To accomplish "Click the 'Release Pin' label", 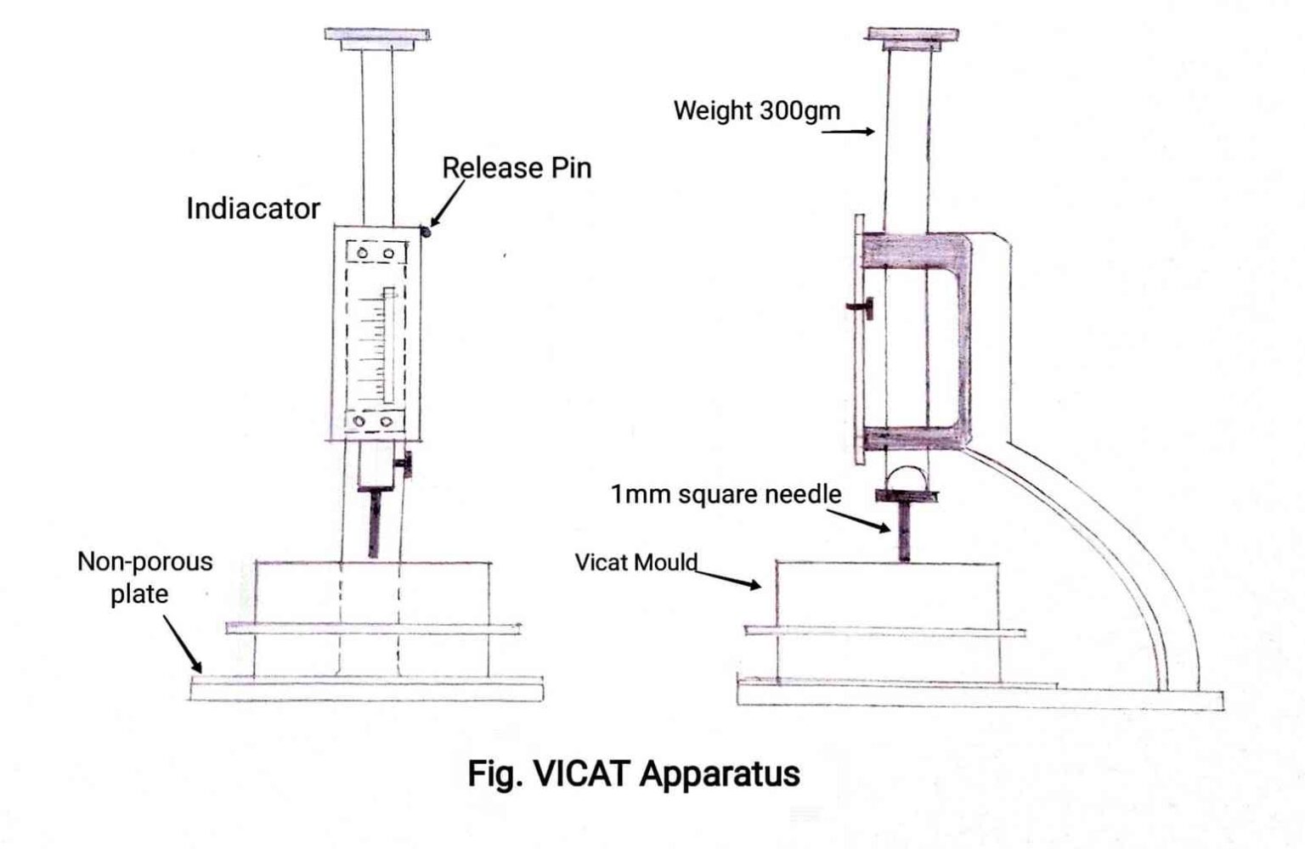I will pos(517,168).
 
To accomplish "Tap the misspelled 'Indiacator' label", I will pos(253,209).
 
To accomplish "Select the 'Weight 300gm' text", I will pos(756,110).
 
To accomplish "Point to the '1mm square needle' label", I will pos(726,494).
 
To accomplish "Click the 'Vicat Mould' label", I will pos(636,562).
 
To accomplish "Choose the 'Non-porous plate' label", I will pos(144,577).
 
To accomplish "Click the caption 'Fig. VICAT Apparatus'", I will pos(634,773).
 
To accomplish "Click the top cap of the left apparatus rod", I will pos(376,37).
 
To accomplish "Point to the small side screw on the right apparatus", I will pos(862,306).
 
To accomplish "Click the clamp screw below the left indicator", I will pos(406,465).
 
